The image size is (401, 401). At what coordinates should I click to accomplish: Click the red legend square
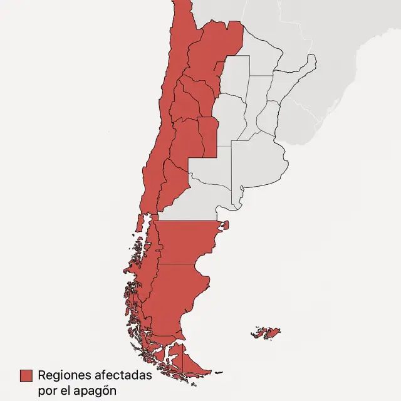[x=26, y=375]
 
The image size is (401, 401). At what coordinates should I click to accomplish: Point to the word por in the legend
[x=47, y=389]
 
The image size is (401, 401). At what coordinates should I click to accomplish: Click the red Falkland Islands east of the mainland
[x=266, y=332]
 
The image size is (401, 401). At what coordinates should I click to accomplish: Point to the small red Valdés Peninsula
[x=226, y=225]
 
